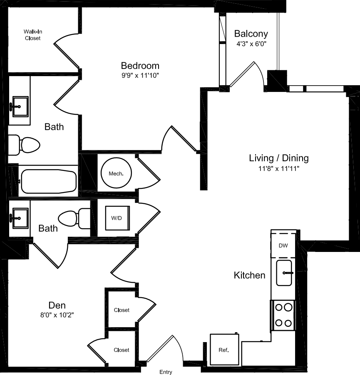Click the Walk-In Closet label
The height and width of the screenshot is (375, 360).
pyautogui.click(x=32, y=35)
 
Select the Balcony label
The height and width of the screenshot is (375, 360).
pyautogui.click(x=251, y=34)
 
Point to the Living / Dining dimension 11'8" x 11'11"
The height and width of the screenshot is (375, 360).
pyautogui.click(x=279, y=168)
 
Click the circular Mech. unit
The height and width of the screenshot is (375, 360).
pyautogui.click(x=116, y=173)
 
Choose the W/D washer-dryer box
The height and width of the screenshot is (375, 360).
pyautogui.click(x=117, y=218)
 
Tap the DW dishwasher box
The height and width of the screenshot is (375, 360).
pyautogui.click(x=283, y=245)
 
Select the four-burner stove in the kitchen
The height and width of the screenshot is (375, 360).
pyautogui.click(x=283, y=315)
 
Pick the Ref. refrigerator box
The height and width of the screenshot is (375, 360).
pyautogui.click(x=223, y=350)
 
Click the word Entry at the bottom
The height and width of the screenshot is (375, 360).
pyautogui.click(x=166, y=372)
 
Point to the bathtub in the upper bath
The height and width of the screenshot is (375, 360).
pyautogui.click(x=49, y=181)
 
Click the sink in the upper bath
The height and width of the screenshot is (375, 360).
pyautogui.click(x=19, y=106)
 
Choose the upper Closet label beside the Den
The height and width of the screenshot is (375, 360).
pyautogui.click(x=122, y=310)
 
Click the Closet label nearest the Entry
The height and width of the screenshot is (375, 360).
pyautogui.click(x=122, y=350)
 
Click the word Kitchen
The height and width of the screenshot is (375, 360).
pyautogui.click(x=249, y=275)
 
